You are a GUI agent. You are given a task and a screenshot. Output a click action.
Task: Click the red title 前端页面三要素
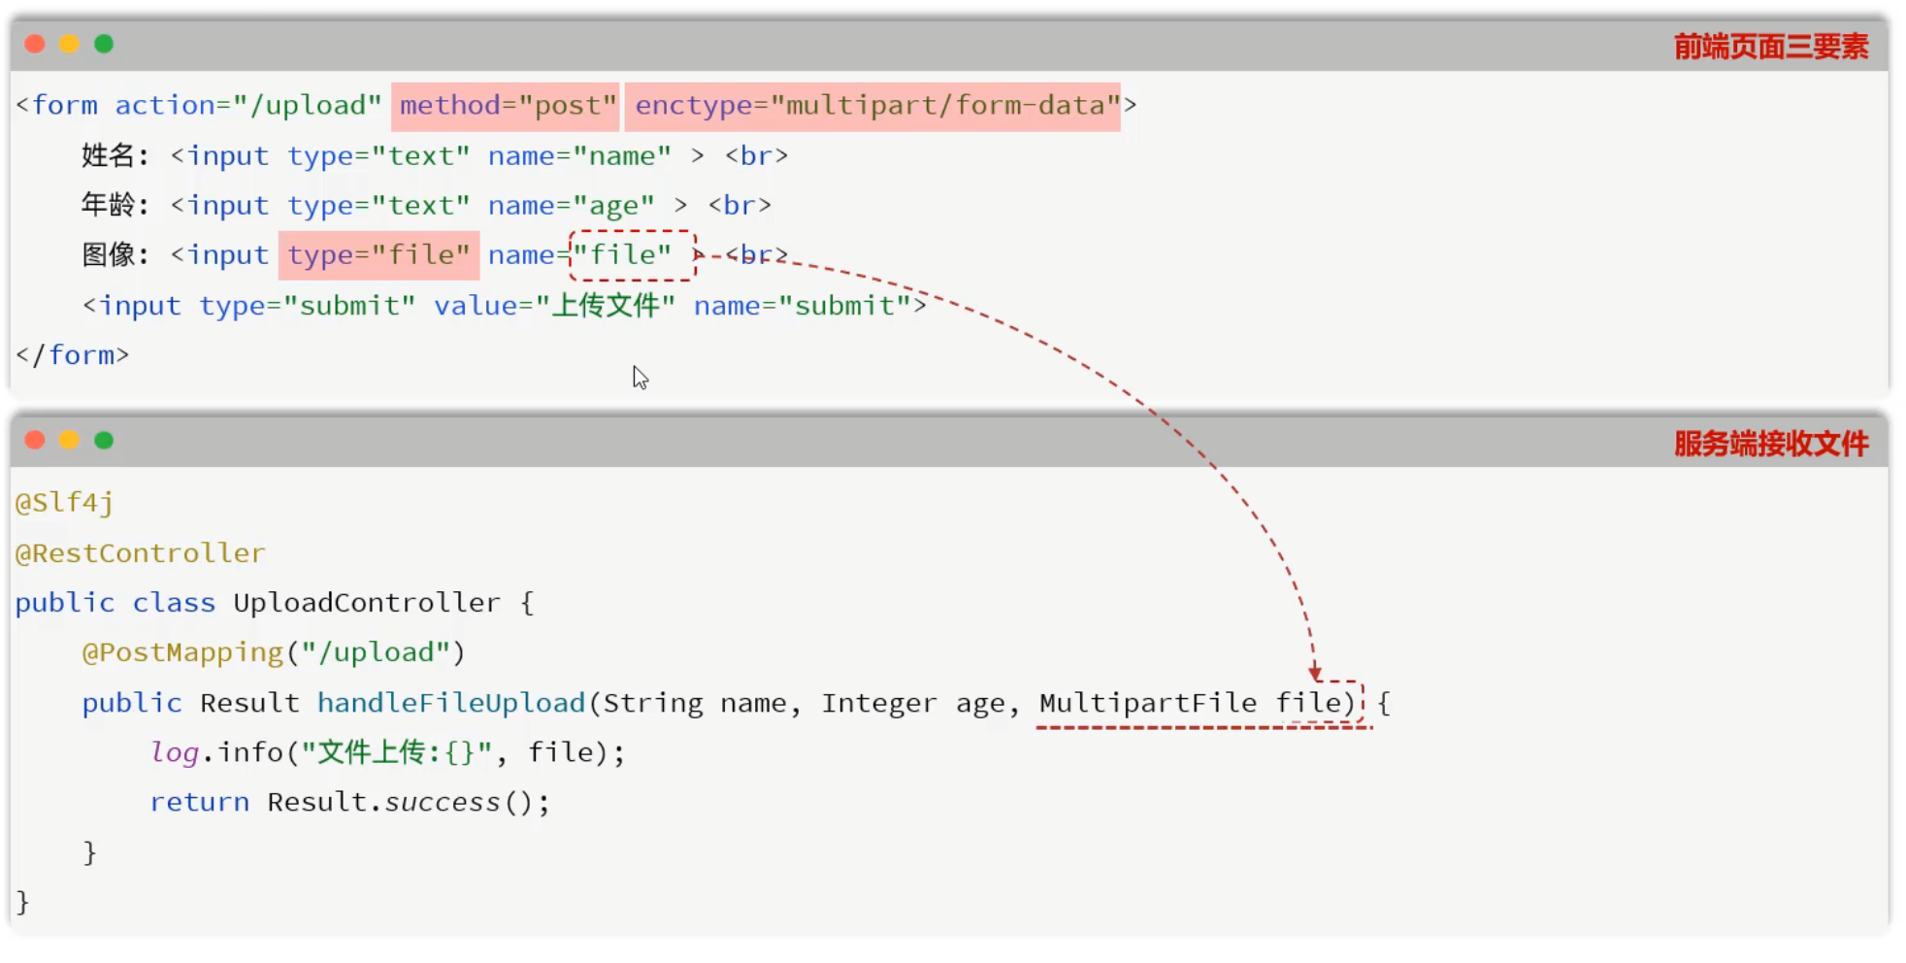[x=1770, y=47]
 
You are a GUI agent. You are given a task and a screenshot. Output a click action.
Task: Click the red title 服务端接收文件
[x=1770, y=444]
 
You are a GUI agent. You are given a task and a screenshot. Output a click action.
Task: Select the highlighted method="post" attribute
[x=506, y=106]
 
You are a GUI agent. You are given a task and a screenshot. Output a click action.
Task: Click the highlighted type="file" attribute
[x=378, y=255]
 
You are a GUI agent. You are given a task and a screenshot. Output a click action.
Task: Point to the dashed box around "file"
[x=632, y=255]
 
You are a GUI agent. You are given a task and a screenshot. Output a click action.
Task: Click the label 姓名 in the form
[x=108, y=155]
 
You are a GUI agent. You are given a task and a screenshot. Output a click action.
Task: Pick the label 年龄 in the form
[x=108, y=205]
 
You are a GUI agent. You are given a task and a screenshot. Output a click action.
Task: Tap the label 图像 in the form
[x=108, y=255]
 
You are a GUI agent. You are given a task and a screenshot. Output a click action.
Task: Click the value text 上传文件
[x=606, y=306]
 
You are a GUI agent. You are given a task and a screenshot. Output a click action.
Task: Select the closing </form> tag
[x=73, y=355]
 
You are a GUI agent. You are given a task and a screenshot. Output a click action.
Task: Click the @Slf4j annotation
[x=64, y=503]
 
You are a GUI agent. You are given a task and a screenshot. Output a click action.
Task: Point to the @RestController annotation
[x=140, y=553]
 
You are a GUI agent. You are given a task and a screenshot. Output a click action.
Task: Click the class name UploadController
[x=366, y=603]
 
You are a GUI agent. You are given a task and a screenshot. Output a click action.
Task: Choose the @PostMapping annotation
[x=182, y=652]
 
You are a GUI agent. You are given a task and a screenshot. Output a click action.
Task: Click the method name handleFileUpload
[x=451, y=703]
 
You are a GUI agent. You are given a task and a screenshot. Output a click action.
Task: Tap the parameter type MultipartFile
[x=1147, y=703]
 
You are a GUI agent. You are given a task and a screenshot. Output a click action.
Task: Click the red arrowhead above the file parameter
[x=1315, y=673]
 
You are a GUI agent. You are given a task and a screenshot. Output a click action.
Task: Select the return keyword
[x=199, y=802]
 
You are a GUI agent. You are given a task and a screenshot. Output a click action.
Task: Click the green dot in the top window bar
[x=104, y=44]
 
